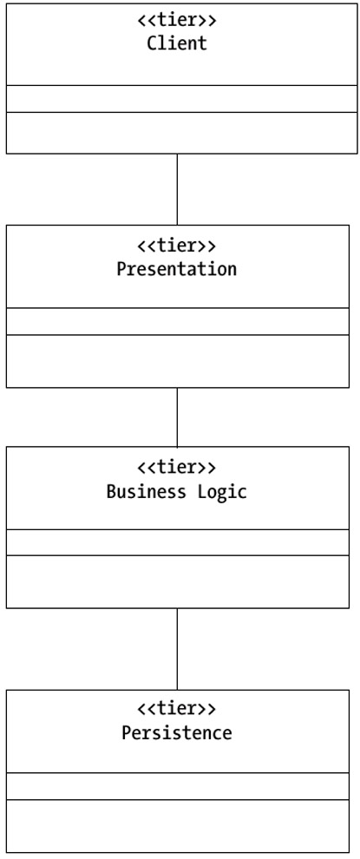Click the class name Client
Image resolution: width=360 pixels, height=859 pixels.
177,43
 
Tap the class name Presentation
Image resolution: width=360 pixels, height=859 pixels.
177,269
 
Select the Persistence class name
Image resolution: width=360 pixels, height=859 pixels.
177,732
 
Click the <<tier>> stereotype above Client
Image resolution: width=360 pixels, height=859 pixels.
177,21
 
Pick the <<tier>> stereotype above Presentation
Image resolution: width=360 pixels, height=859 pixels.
177,246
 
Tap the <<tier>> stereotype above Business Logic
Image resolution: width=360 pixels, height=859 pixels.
177,468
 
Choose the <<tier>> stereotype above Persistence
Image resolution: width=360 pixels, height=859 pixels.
177,709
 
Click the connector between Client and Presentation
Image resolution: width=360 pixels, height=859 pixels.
177,189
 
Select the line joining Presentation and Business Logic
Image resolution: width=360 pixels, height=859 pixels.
177,416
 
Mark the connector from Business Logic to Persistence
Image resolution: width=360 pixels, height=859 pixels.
177,649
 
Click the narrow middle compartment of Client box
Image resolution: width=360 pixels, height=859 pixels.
181,99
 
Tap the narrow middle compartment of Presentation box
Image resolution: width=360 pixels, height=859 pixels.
178,321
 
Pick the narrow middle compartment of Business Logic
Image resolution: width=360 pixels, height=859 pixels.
178,542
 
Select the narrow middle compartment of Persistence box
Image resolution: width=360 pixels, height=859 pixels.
178,786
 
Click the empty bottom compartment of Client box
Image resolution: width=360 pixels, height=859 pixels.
181,133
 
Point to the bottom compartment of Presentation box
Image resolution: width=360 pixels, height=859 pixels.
178,361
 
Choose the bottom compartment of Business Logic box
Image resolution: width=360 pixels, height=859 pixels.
178,582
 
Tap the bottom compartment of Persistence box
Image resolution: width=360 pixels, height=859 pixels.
178,826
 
